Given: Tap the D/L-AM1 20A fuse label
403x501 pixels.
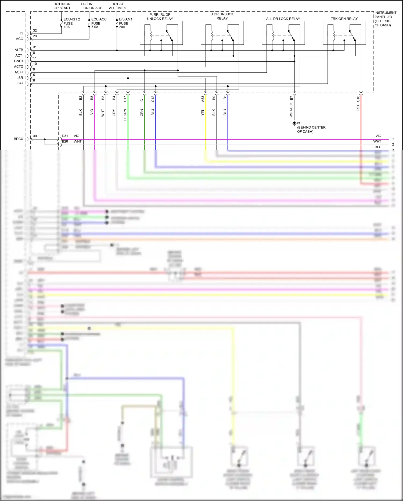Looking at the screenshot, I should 125,23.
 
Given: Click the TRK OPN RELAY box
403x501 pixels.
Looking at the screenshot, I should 344,33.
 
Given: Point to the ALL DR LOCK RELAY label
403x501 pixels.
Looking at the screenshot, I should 283,19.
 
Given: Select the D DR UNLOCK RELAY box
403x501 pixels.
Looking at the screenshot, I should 222,33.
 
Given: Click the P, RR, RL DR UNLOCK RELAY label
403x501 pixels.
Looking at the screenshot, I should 160,17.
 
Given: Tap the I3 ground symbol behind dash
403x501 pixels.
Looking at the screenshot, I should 294,124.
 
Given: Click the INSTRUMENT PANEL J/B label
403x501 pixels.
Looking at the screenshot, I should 385,19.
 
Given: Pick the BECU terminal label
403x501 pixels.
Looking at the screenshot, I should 19,139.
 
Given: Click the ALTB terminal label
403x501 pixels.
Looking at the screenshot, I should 19,50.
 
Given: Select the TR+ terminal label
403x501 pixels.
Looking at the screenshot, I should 20,83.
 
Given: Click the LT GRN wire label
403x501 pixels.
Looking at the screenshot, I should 125,115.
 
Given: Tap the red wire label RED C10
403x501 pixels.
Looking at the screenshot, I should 358,103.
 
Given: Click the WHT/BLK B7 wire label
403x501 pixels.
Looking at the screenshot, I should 291,107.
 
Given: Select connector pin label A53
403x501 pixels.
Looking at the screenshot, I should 203,99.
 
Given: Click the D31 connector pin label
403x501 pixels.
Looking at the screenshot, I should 65,136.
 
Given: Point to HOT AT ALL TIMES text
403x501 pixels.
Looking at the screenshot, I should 117,6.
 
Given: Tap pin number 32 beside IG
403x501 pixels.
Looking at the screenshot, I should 35,31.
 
